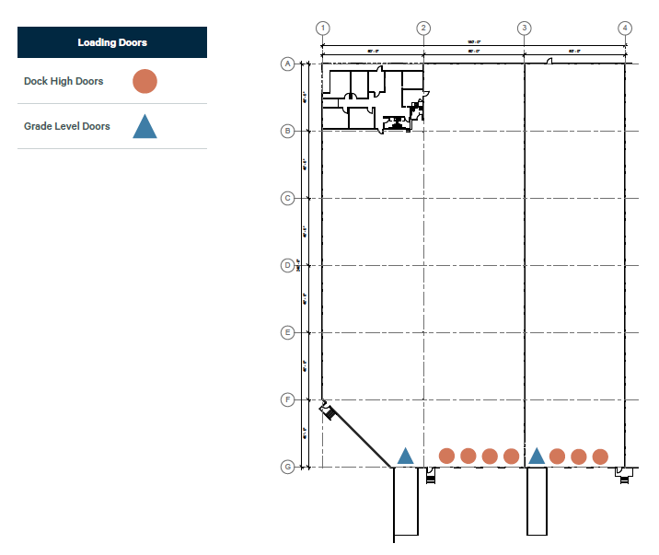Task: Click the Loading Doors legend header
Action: tap(112, 42)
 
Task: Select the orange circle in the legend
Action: tap(145, 81)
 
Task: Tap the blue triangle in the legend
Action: tap(145, 126)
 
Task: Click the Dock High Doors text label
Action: tap(64, 81)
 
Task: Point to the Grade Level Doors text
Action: tap(67, 126)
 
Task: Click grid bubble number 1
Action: tap(322, 28)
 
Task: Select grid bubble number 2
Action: tap(423, 28)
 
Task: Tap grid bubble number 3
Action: tap(525, 28)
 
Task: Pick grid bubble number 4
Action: tap(626, 28)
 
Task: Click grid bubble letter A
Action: tap(287, 64)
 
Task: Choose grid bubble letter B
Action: tap(287, 131)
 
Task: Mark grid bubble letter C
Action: tap(287, 198)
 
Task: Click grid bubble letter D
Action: tap(287, 265)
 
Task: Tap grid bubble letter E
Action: tap(287, 332)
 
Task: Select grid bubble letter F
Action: tap(287, 399)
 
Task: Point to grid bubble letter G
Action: tap(287, 467)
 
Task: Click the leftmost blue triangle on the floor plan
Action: tap(405, 456)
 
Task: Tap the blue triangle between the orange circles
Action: tap(537, 456)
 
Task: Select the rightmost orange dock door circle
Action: tap(600, 456)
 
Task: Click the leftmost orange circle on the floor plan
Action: tap(447, 456)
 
